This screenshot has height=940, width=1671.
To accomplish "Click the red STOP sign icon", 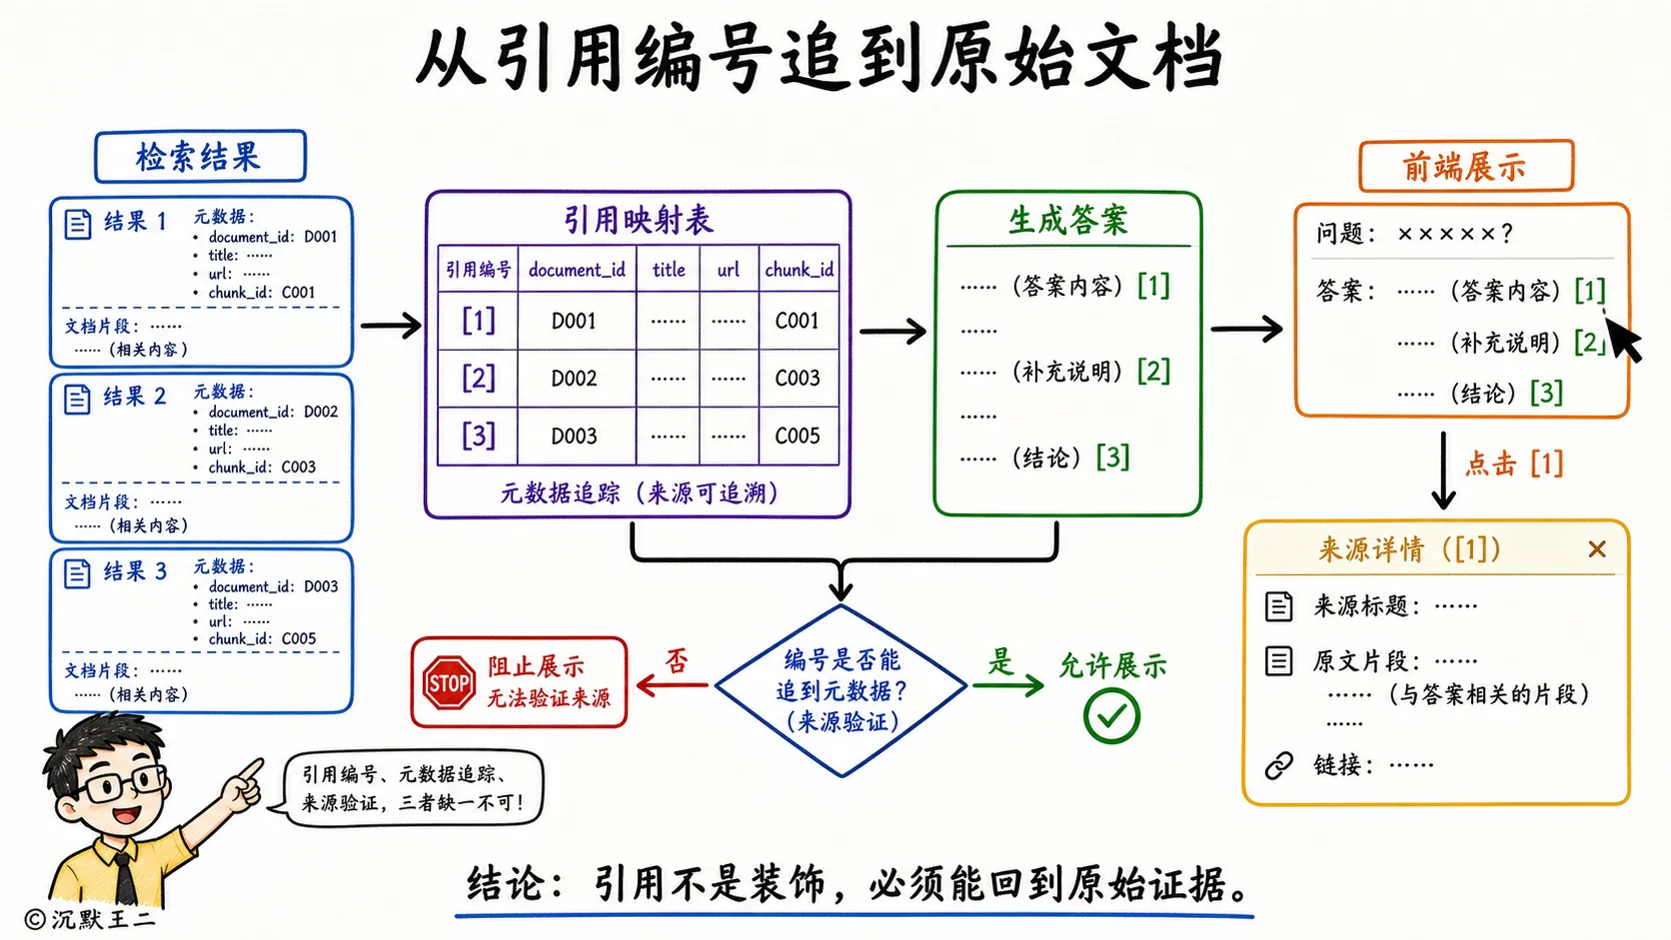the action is tap(449, 683).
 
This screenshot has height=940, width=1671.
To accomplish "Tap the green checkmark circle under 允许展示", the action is tap(1111, 716).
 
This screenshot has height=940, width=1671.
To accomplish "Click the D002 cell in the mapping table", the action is tap(575, 379).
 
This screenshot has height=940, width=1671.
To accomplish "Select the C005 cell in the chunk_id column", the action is tap(798, 436).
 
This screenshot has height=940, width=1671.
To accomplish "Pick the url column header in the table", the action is tap(729, 270).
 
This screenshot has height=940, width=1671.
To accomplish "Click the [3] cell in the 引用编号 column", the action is tap(478, 436).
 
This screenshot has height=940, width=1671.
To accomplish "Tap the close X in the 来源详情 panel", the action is tap(1597, 549).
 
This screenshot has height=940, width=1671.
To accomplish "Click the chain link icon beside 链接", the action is tap(1278, 765).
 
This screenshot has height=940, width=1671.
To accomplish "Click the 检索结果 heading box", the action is tap(200, 157).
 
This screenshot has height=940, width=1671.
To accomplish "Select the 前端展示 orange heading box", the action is tap(1466, 166).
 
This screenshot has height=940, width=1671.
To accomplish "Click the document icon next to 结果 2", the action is tap(77, 399).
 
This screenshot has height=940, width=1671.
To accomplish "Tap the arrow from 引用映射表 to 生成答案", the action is tap(892, 331).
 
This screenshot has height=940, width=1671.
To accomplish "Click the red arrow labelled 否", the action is tap(672, 684).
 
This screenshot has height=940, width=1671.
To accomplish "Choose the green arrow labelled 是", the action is tap(1007, 684).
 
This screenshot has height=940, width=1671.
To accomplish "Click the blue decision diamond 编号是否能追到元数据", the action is tap(840, 690).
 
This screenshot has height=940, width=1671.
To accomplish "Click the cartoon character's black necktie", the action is tap(125, 880).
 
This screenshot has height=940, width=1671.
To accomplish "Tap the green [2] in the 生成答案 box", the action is tap(1153, 372).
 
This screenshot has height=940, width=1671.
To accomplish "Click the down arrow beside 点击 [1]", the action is tap(1443, 470).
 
